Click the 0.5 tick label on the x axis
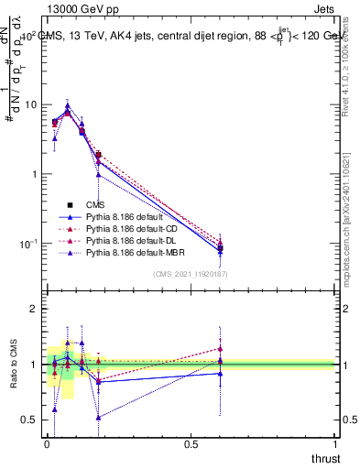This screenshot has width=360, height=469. (191, 443)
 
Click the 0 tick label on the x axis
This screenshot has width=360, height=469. (47, 443)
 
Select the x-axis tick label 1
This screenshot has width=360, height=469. (336, 443)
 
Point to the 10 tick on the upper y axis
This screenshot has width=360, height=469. (32, 104)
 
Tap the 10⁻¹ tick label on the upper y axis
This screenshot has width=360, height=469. (30, 244)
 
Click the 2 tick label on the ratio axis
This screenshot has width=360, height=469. (36, 309)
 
